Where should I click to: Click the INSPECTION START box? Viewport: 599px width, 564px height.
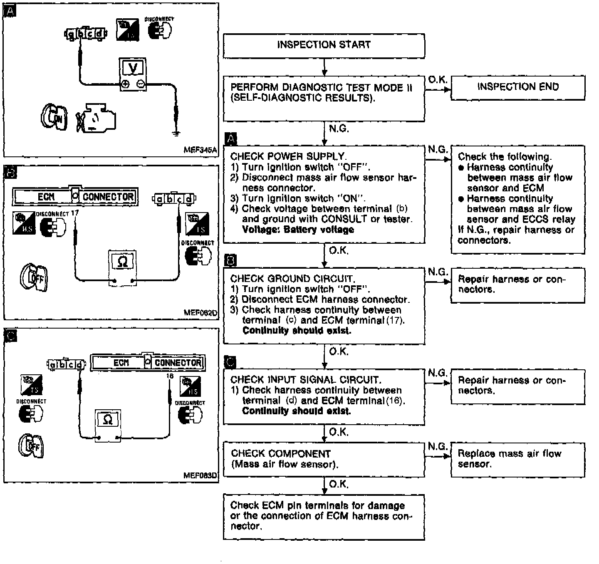pyautogui.click(x=324, y=45)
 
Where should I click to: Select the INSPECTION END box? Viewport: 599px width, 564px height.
pyautogui.click(x=517, y=87)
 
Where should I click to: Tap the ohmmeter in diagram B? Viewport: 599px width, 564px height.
pyautogui.click(x=123, y=262)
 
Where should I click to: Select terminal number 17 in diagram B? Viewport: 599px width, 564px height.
pyautogui.click(x=75, y=213)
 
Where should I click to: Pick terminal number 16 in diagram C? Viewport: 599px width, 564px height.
pyautogui.click(x=169, y=376)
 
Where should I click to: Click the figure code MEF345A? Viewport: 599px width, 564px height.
pyautogui.click(x=200, y=150)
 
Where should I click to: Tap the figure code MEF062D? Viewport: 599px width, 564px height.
pyautogui.click(x=200, y=313)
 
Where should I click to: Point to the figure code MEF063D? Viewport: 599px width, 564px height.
pyautogui.click(x=200, y=475)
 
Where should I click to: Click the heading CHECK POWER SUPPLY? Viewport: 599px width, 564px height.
pyautogui.click(x=288, y=156)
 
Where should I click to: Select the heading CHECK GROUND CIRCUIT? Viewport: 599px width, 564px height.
pyautogui.click(x=292, y=279)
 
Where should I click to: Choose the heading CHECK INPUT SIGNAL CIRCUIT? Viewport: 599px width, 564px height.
pyautogui.click(x=306, y=380)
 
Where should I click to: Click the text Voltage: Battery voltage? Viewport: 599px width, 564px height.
pyautogui.click(x=298, y=230)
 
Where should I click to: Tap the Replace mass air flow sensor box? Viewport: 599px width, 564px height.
pyautogui.click(x=517, y=459)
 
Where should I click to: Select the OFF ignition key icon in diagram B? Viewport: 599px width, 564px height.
pyautogui.click(x=34, y=277)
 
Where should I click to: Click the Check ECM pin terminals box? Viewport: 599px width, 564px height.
pyautogui.click(x=324, y=516)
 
